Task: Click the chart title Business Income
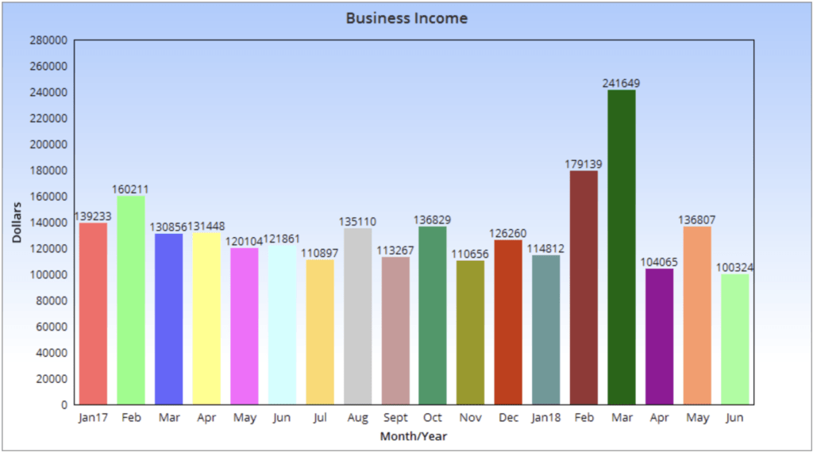click(406, 17)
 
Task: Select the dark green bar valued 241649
click(622, 247)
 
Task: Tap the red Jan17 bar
click(93, 313)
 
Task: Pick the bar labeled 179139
click(584, 287)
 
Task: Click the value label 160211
click(130, 190)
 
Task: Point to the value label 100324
click(735, 268)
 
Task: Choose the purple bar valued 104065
click(659, 336)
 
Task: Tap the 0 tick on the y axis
click(64, 405)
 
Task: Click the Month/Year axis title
click(413, 436)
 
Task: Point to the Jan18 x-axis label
click(546, 418)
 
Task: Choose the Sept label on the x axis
click(395, 418)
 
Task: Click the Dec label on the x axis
click(508, 418)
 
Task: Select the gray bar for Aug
click(357, 316)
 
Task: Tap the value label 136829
click(433, 220)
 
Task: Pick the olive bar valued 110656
click(471, 332)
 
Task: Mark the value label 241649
click(622, 83)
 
